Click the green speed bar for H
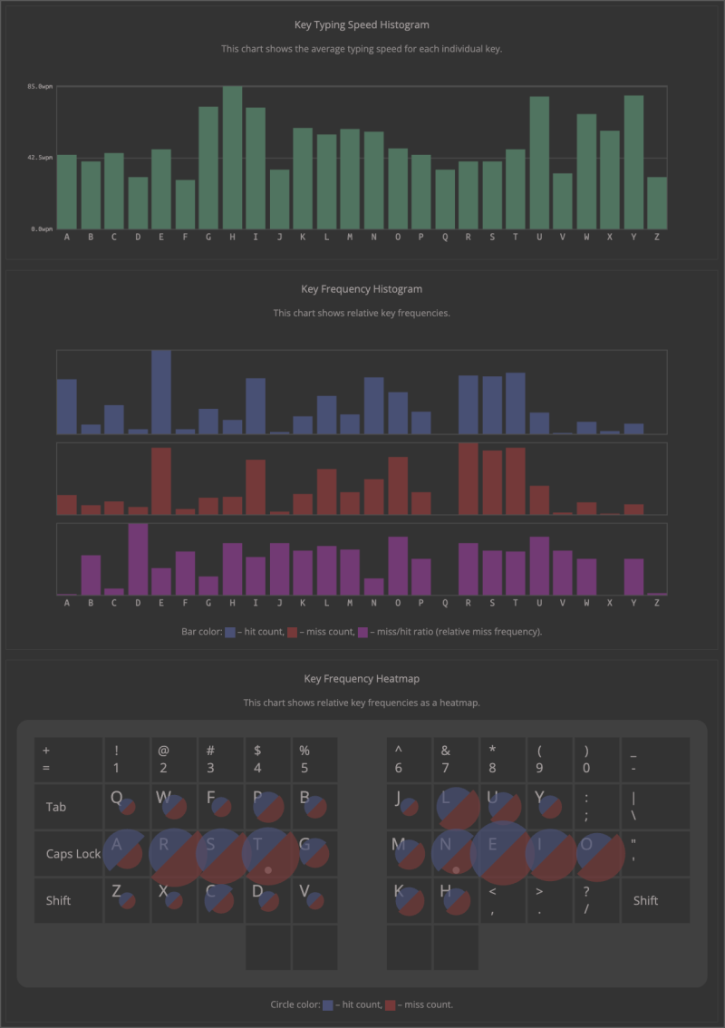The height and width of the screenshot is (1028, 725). tap(233, 158)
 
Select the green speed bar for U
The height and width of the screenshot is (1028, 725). tap(539, 163)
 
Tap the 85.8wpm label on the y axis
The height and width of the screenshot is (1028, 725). tap(41, 86)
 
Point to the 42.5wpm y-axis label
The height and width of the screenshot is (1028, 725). tap(41, 158)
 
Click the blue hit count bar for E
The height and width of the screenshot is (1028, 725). tap(161, 392)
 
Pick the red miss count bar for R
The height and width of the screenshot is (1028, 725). tap(469, 479)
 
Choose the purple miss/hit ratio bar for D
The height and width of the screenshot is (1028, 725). tap(138, 559)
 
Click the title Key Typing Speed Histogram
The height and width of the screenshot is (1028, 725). tap(362, 25)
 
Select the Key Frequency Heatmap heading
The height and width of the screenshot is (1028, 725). tap(362, 678)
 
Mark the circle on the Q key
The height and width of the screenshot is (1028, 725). tap(127, 806)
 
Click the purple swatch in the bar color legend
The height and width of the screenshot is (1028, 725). tap(363, 632)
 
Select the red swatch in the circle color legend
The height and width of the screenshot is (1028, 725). tap(391, 1004)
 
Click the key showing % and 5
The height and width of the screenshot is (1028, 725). tap(314, 760)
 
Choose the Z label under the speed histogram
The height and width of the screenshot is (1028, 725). tap(657, 238)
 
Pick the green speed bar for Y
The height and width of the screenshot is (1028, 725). tap(633, 162)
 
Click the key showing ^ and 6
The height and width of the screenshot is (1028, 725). tap(410, 760)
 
